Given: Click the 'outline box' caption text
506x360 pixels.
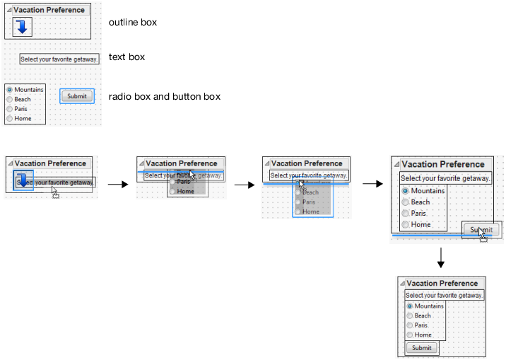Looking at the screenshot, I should [133, 23].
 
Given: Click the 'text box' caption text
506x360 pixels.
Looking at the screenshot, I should [126, 57].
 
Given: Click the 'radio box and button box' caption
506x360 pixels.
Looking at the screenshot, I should [165, 96].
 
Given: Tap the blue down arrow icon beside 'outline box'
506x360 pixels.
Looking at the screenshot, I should [23, 27].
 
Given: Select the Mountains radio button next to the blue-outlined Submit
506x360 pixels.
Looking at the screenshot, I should [9, 90].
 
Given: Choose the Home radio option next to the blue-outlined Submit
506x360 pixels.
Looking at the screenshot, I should [9, 119].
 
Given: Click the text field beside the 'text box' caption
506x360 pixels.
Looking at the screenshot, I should [59, 59].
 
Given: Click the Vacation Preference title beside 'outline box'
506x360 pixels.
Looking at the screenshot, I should [49, 10].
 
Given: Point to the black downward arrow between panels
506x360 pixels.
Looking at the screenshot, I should [440, 258].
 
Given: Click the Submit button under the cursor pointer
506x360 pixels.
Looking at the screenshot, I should [481, 230].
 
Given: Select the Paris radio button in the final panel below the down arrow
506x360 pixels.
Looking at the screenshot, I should [410, 325].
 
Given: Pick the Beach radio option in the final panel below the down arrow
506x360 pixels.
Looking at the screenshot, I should [410, 315].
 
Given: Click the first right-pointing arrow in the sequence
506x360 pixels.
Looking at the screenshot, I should [117, 185].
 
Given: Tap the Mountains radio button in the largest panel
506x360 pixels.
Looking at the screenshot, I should [405, 191].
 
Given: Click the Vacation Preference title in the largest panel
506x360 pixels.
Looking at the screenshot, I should [443, 164].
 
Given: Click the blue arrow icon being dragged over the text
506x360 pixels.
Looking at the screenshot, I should [23, 180].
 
